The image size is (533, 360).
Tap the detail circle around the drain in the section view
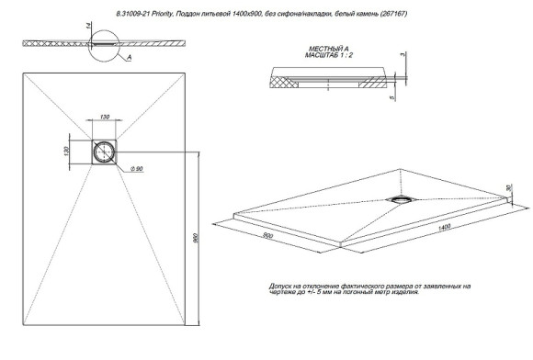click(x=106, y=44)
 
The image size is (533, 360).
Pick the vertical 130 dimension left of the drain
click(x=68, y=151)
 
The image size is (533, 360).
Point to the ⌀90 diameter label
click(x=134, y=168)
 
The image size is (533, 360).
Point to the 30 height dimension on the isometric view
click(x=508, y=188)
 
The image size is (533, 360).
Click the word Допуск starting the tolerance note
click(x=282, y=286)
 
